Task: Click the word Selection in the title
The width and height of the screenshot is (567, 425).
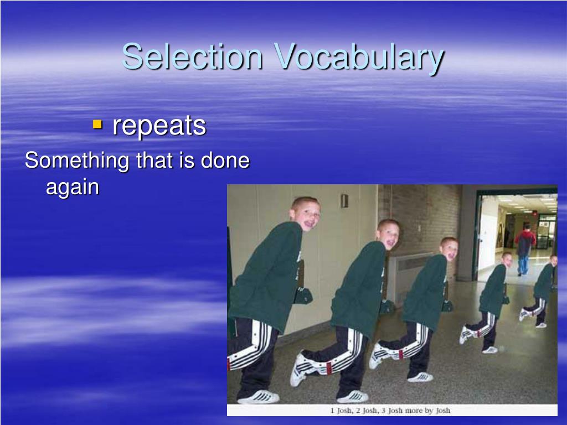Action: (192, 56)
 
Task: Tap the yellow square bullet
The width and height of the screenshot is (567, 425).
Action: (97, 125)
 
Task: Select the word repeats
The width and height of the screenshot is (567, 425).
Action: (159, 127)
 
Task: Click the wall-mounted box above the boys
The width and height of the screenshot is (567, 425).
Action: (344, 200)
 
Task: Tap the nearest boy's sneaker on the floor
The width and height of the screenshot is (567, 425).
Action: (259, 397)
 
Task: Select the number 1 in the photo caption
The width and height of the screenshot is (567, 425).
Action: (332, 410)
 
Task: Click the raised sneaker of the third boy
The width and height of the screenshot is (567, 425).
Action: (377, 356)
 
